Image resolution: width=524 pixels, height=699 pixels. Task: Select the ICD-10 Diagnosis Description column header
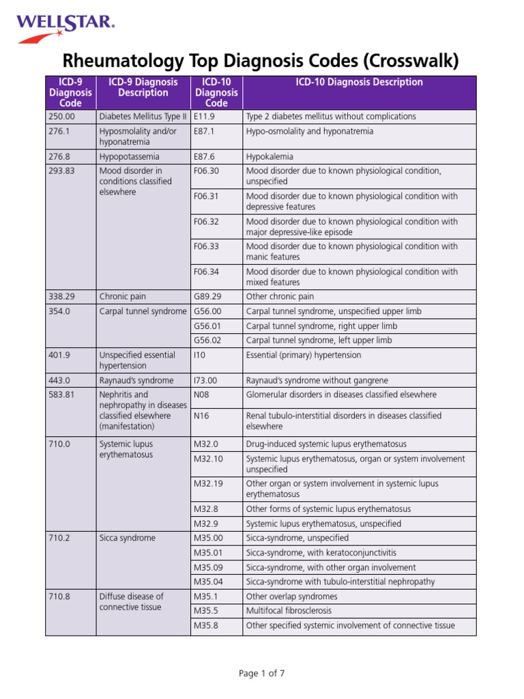[359, 83]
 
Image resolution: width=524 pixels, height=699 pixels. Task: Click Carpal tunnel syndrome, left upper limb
[319, 340]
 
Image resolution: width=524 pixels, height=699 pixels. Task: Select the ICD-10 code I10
[200, 355]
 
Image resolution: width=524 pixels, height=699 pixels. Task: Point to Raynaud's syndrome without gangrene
[317, 380]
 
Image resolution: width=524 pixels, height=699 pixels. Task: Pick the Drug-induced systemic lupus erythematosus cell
[326, 444]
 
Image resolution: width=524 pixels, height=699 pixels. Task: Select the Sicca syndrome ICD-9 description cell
[127, 538]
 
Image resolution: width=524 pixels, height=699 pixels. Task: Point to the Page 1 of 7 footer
[261, 674]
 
